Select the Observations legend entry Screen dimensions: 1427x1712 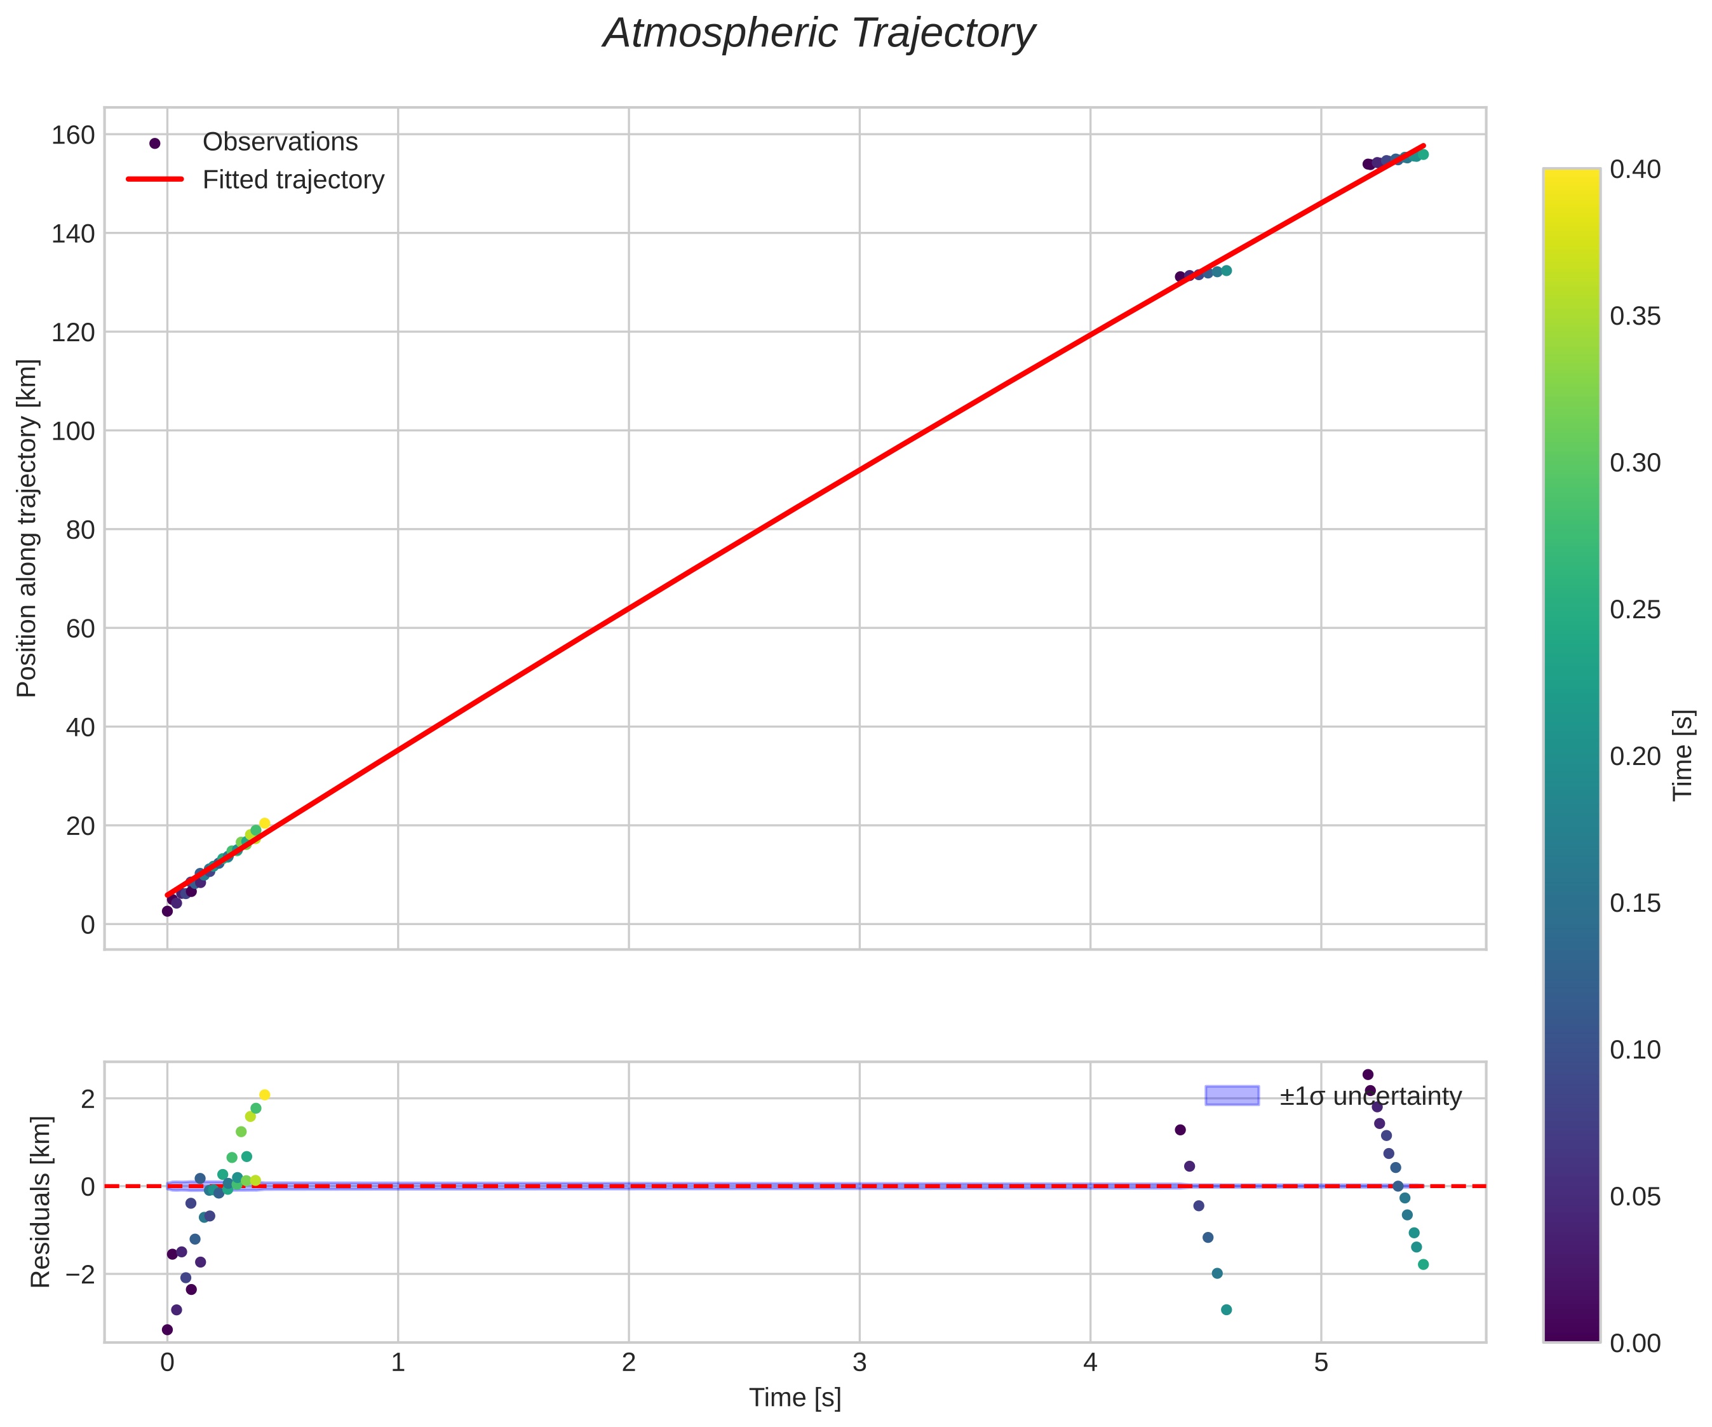280,142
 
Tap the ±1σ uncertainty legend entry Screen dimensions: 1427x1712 1370,1097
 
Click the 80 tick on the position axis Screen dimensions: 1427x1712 80,530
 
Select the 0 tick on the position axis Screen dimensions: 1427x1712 87,924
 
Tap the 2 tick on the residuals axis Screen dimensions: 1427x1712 87,1099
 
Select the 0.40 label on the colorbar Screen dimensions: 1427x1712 1634,170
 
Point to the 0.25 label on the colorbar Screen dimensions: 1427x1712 1634,610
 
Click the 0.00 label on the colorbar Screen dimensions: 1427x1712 1634,1343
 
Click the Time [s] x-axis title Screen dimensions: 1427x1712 795,1398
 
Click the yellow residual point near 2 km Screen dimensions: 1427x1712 264,1095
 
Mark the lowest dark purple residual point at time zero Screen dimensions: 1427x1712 167,1329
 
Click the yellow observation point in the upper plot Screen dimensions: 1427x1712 264,823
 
